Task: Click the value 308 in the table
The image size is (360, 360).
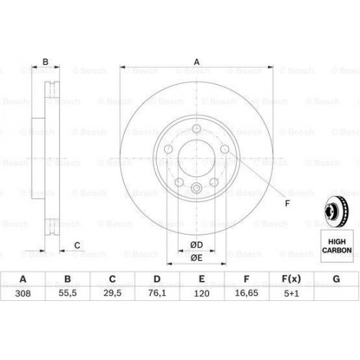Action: tap(23, 293)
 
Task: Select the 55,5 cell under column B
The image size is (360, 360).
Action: tap(68, 293)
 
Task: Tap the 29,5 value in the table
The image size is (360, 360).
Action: tap(112, 293)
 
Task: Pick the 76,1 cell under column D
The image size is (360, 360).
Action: tap(157, 293)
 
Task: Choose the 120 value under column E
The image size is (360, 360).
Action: tap(202, 293)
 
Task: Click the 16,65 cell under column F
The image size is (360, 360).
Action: tap(246, 293)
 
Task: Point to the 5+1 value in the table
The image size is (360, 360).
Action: tap(292, 293)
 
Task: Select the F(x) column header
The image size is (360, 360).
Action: tap(291, 279)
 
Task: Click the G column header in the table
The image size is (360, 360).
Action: tap(336, 279)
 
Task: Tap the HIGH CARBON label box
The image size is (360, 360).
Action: tap(337, 246)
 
